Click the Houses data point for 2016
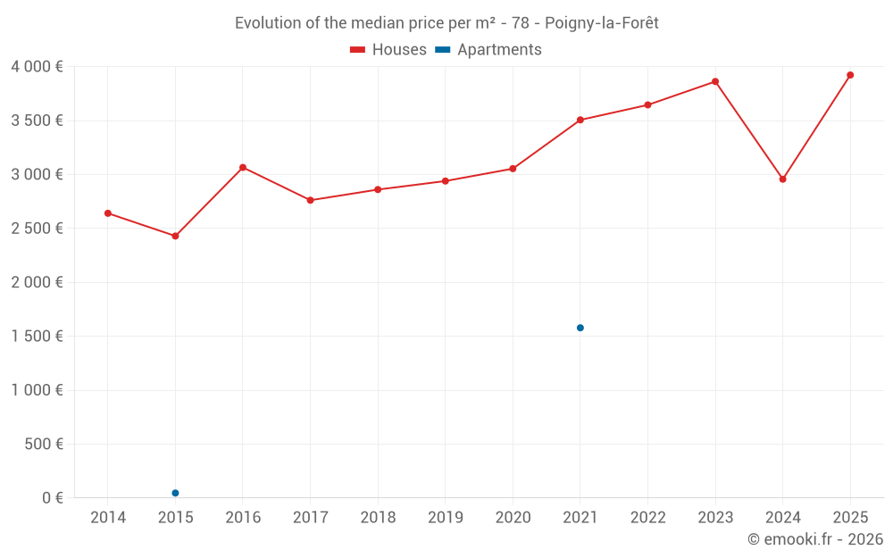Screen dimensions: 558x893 pyautogui.click(x=243, y=168)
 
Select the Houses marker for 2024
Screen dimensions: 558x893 pyautogui.click(x=783, y=179)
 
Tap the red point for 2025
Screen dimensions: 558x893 pyautogui.click(x=850, y=75)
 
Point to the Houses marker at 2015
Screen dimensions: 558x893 pyautogui.click(x=175, y=237)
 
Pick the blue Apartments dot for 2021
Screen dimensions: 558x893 pyautogui.click(x=580, y=328)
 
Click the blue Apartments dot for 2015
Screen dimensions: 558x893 pyautogui.click(x=175, y=493)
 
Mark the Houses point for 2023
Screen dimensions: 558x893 pyautogui.click(x=715, y=81)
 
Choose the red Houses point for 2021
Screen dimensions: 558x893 pyautogui.click(x=580, y=120)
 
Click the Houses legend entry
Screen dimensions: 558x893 pyautogui.click(x=388, y=50)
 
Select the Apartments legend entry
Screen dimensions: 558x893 pyautogui.click(x=488, y=50)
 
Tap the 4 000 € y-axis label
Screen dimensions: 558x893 pyautogui.click(x=37, y=67)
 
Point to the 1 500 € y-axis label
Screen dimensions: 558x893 pyautogui.click(x=37, y=337)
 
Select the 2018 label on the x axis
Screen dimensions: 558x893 pyautogui.click(x=378, y=518)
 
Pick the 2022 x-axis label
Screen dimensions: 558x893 pyautogui.click(x=647, y=518)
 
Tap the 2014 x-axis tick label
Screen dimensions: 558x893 pyautogui.click(x=108, y=518)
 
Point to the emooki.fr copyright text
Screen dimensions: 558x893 pyautogui.click(x=815, y=539)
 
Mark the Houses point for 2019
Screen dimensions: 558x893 pyautogui.click(x=446, y=181)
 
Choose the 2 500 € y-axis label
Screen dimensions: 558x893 pyautogui.click(x=37, y=229)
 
